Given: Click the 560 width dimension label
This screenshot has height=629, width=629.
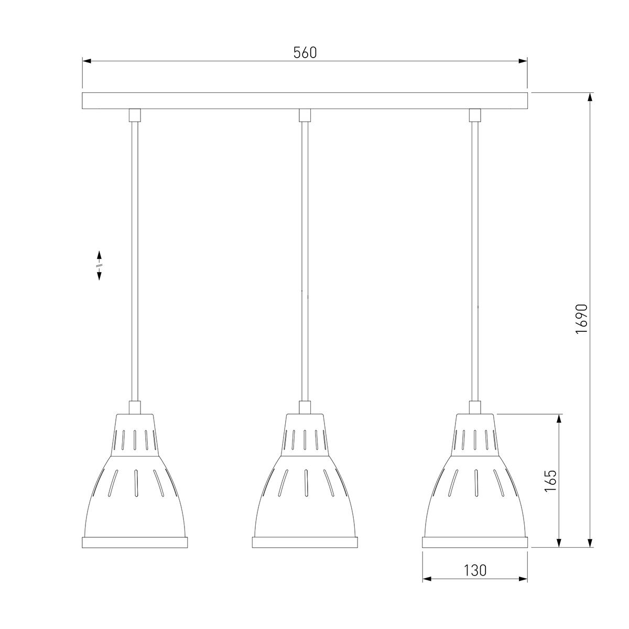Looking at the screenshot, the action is [305, 52].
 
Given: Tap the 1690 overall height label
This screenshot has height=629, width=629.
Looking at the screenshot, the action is [582, 319].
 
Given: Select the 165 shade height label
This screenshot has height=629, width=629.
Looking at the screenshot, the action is [550, 481].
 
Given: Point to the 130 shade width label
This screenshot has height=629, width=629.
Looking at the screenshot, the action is [475, 570].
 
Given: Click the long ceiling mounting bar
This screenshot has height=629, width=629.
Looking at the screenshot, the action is [305, 101].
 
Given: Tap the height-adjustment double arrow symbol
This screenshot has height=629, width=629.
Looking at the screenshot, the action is [99, 265].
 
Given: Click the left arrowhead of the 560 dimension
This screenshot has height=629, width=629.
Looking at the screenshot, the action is [87, 61].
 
